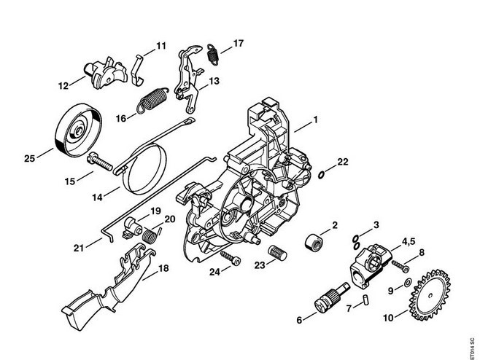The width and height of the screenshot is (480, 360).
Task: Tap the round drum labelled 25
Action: [x=75, y=131]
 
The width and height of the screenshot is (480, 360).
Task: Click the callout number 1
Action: [x=316, y=120]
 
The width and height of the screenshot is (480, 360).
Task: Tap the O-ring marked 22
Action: [x=322, y=174]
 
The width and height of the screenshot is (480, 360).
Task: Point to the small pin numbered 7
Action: [x=368, y=298]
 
